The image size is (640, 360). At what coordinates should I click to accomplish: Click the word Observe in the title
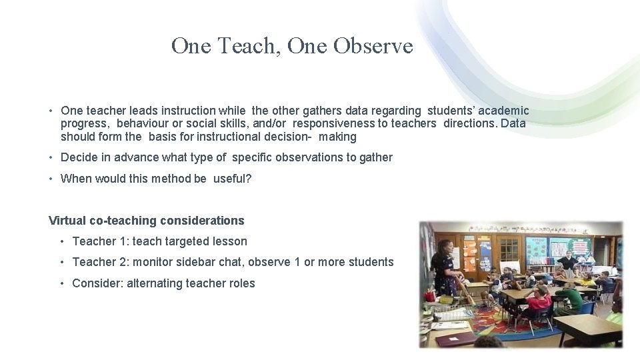(x=373, y=45)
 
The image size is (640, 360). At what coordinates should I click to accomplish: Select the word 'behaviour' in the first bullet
(x=141, y=123)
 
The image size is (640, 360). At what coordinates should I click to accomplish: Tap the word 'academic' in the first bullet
(x=504, y=111)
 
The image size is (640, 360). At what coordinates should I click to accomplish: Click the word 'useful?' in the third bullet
(x=232, y=179)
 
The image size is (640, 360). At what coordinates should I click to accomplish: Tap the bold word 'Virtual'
(x=69, y=221)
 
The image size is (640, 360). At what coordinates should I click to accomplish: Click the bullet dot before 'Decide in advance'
(x=51, y=158)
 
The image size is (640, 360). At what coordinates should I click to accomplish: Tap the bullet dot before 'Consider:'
(x=63, y=284)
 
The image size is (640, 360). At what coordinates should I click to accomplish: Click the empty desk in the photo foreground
(x=587, y=327)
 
